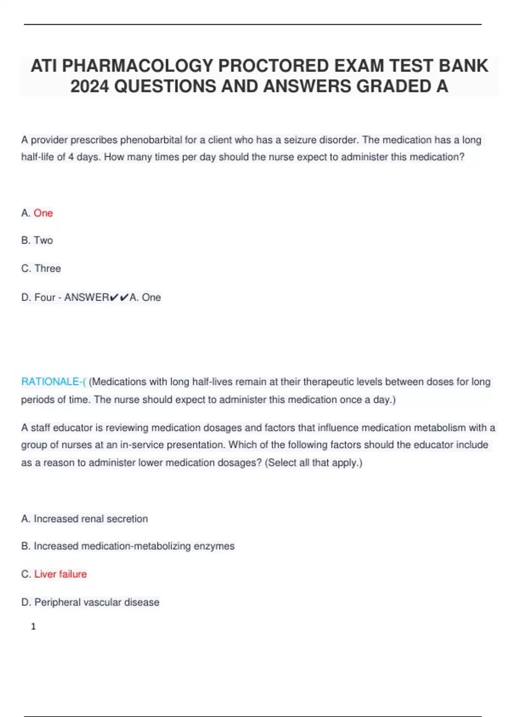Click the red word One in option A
[43, 213]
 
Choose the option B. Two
[37, 240]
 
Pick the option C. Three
[41, 269]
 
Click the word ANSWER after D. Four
[86, 297]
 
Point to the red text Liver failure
[60, 574]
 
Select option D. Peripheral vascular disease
[90, 602]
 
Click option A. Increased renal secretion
[84, 519]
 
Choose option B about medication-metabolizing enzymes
[128, 546]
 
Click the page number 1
[33, 627]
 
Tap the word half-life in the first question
[38, 157]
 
